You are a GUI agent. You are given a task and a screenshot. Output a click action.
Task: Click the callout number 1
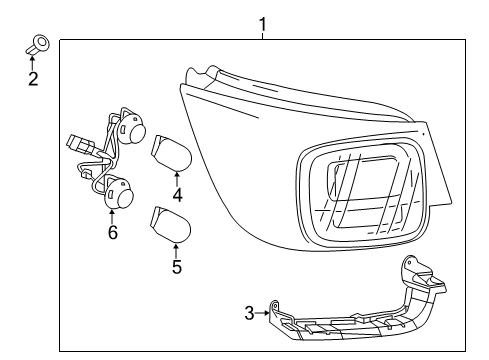pyautogui.click(x=262, y=21)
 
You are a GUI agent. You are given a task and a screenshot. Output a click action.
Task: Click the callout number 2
pyautogui.click(x=33, y=78)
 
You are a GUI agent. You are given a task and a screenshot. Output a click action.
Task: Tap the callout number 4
pyautogui.click(x=176, y=195)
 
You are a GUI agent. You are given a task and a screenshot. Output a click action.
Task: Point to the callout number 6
pyautogui.click(x=112, y=233)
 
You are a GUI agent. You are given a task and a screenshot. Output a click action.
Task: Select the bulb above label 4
pyautogui.click(x=169, y=153)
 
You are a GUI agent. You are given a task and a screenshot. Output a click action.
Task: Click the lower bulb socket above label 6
pyautogui.click(x=121, y=193)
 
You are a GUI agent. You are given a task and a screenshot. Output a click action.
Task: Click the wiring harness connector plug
pyautogui.click(x=77, y=147)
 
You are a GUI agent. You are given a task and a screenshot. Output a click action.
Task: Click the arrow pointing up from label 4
pyautogui.click(x=176, y=178)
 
